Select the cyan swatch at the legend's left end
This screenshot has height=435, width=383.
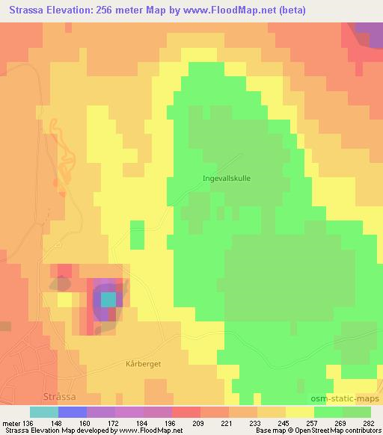tap(44, 412)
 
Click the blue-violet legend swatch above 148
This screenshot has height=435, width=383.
tap(73, 412)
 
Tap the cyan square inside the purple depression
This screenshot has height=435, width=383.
tap(109, 299)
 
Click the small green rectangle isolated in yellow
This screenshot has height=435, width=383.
tap(137, 235)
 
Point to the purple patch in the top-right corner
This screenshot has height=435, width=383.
tap(366, 33)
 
